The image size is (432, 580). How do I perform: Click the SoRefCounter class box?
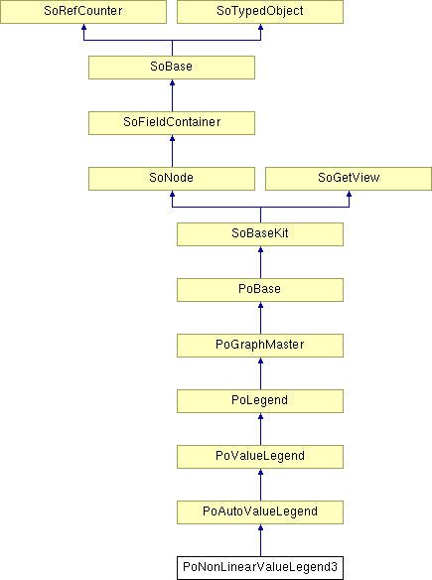click(83, 12)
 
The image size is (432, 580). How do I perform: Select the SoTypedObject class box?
click(260, 12)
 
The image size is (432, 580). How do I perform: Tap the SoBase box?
click(172, 68)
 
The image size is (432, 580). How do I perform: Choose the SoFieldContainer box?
click(172, 123)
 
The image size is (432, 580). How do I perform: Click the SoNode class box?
click(172, 179)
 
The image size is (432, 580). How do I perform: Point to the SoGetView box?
click(349, 179)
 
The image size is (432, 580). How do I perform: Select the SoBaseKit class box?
click(260, 234)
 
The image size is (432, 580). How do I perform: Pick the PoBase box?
click(260, 290)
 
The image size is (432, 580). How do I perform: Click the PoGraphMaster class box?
click(260, 346)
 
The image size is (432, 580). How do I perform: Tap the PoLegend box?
click(260, 401)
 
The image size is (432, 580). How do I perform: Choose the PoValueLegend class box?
click(260, 457)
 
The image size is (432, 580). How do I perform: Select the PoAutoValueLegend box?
click(260, 512)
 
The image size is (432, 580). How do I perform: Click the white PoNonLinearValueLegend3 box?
click(260, 568)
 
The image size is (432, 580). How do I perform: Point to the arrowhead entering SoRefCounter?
click(83, 27)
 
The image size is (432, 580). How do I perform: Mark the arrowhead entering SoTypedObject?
click(261, 27)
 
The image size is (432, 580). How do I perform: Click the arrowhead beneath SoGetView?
click(349, 194)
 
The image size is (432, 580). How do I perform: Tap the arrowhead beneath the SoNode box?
click(172, 194)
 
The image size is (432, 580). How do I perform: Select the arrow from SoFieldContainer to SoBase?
click(172, 95)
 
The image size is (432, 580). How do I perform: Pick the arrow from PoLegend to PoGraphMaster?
click(261, 373)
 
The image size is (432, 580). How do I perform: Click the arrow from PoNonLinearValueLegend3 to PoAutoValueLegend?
click(261, 540)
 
